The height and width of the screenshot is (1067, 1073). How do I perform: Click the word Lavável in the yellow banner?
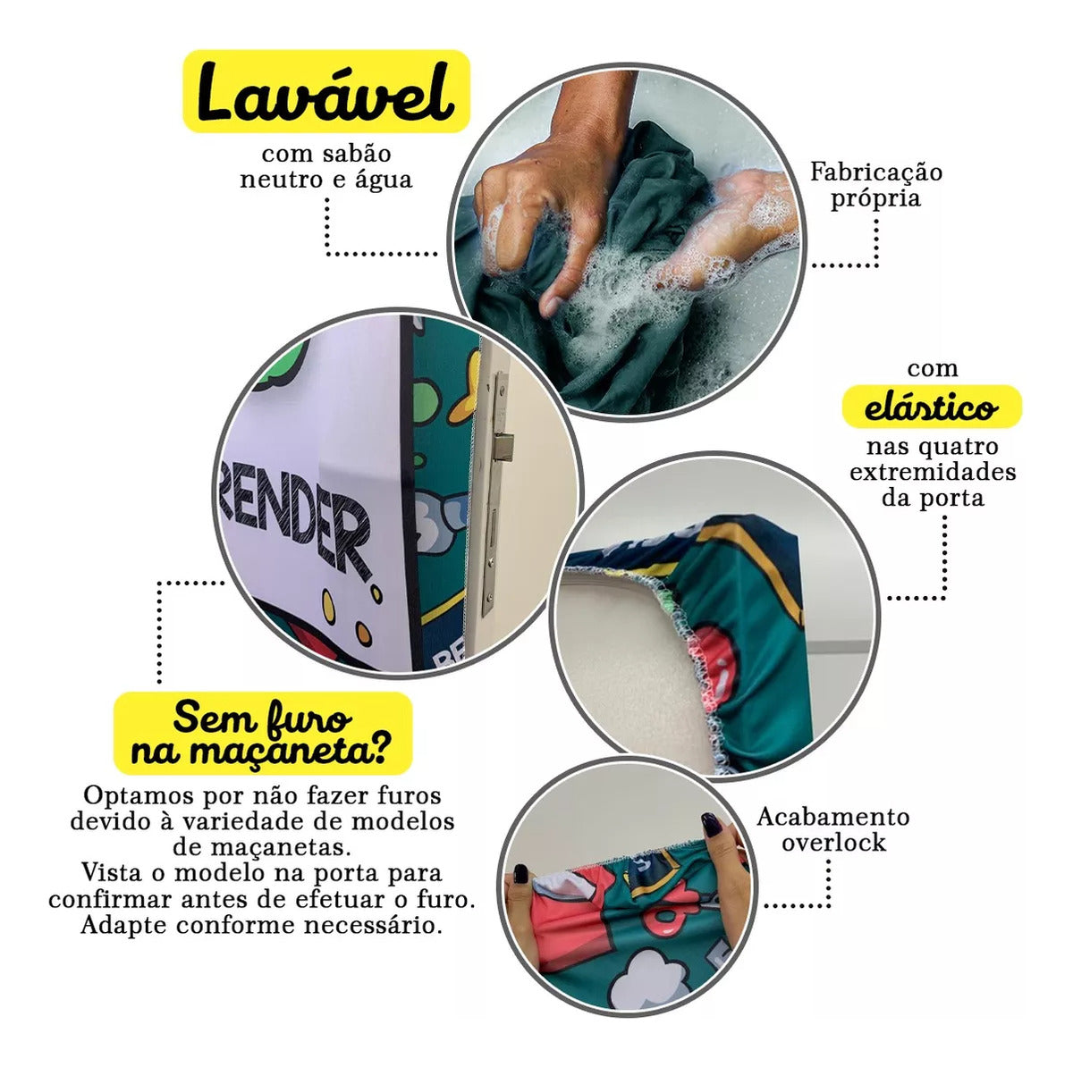point(325,92)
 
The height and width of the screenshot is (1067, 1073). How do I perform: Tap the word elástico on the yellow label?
point(931,408)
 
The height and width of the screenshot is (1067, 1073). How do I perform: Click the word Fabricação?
point(876,172)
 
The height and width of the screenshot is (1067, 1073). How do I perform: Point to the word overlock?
point(833,843)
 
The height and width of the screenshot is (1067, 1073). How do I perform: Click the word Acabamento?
point(833,817)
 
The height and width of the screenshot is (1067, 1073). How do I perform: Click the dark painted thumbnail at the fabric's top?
point(712,823)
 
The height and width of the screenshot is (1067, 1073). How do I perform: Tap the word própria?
point(876,198)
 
